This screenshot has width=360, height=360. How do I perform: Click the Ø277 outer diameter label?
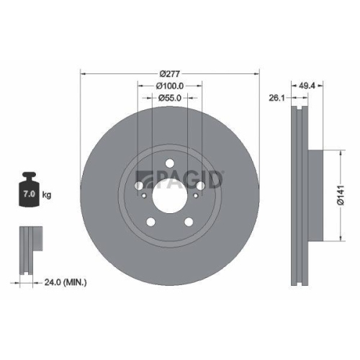click(x=169, y=73)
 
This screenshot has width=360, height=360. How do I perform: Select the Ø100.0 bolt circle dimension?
click(x=169, y=85)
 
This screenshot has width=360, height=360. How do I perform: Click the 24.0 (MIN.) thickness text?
click(x=62, y=283)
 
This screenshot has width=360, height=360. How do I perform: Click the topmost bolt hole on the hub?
click(x=170, y=162)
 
